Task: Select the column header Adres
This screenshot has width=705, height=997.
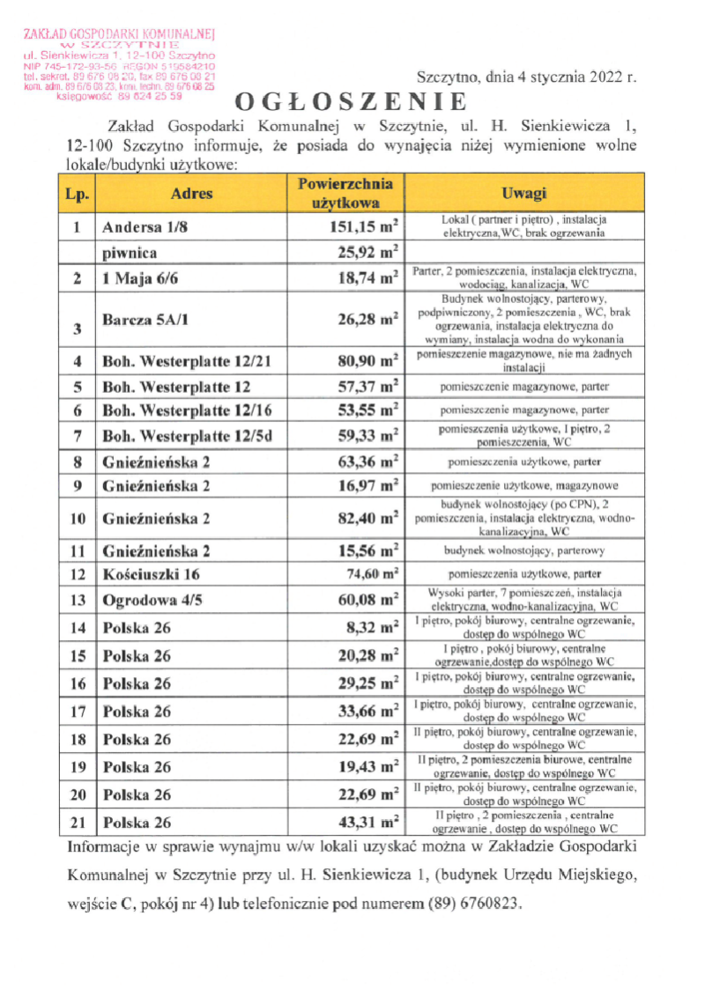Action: click(x=191, y=194)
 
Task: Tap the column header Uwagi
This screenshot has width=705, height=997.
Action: click(x=523, y=194)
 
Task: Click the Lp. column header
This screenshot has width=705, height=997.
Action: click(x=78, y=194)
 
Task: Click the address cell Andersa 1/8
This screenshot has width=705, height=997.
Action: click(x=145, y=226)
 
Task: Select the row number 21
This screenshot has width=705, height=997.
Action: click(x=78, y=823)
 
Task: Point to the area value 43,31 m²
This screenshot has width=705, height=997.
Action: click(x=369, y=823)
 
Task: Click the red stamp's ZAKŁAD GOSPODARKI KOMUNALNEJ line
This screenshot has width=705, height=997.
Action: click(x=120, y=33)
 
